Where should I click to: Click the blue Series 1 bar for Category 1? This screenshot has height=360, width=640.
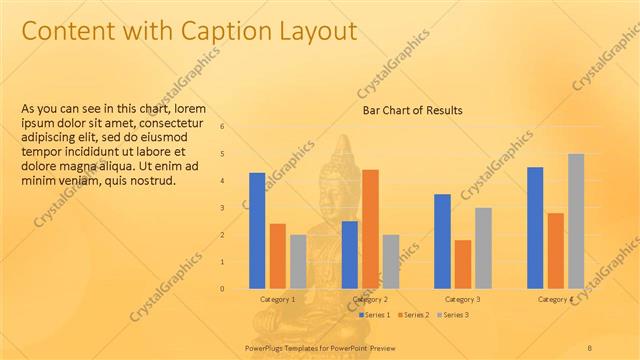pyautogui.click(x=257, y=230)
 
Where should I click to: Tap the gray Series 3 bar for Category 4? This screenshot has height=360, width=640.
pyautogui.click(x=576, y=221)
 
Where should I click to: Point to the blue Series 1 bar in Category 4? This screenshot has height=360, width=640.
pyautogui.click(x=535, y=227)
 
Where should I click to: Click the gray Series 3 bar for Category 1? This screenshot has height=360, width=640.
pyautogui.click(x=298, y=261)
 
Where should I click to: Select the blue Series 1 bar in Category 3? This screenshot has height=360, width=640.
pyautogui.click(x=442, y=241)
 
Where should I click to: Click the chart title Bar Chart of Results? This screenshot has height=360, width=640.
pyautogui.click(x=412, y=110)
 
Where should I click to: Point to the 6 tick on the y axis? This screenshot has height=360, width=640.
pyautogui.click(x=222, y=127)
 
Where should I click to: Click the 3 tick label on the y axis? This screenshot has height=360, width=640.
pyautogui.click(x=222, y=208)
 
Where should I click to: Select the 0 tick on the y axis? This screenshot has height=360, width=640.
pyautogui.click(x=222, y=289)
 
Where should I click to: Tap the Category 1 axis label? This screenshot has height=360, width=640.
pyautogui.click(x=277, y=299)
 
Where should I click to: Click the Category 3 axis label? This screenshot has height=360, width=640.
pyautogui.click(x=462, y=299)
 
